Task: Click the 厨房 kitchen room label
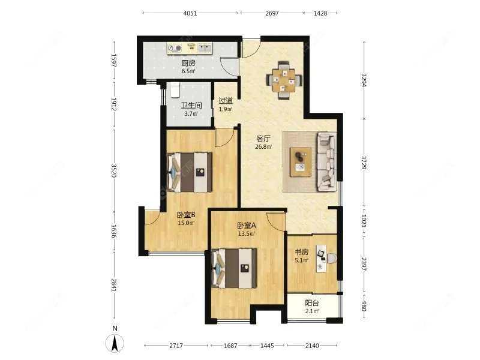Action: click(x=188, y=62)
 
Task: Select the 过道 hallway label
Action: click(x=226, y=101)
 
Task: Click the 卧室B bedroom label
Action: click(x=186, y=215)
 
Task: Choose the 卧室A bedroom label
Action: click(x=246, y=226)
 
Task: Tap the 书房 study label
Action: click(x=301, y=253)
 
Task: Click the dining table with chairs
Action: click(x=284, y=79)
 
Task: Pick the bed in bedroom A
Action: click(x=235, y=266)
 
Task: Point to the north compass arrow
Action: click(x=114, y=342)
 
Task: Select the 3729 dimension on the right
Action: click(x=364, y=163)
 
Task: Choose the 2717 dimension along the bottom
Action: click(x=176, y=346)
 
